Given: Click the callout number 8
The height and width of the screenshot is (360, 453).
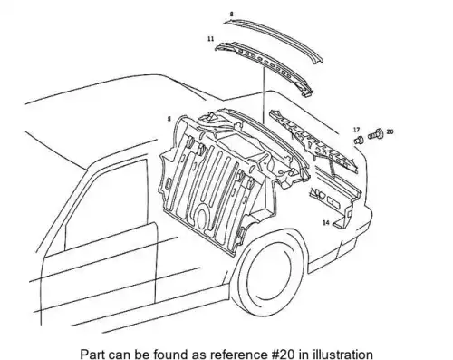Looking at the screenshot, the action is coord(231,14).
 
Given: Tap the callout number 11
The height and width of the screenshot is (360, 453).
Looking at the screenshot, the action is coord(211,39).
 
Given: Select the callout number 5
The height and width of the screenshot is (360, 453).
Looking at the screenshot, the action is coord(169,119).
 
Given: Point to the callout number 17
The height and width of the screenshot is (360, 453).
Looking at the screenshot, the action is coord(357,130).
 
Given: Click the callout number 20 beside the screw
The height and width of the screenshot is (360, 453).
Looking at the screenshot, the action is coord(390,131).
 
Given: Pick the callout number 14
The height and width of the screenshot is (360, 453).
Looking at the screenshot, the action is coord(326,223).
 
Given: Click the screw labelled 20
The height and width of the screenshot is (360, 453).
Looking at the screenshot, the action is coord(375,134).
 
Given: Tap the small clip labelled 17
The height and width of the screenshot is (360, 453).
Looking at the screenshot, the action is coord(358,141).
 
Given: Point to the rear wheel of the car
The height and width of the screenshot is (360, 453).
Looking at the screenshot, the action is coord(269,272).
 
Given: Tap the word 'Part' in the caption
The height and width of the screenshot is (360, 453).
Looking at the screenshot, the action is coord(92,354).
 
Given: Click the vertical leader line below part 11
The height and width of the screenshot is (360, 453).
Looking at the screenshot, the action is coord(264,95).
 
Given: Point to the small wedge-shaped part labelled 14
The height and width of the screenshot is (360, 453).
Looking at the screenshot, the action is coord(341,222).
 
